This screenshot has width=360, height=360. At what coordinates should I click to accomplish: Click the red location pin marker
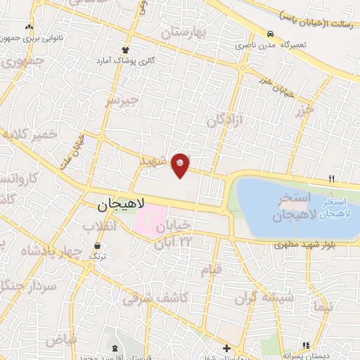(181, 165)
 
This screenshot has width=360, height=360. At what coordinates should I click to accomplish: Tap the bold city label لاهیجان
(119, 205)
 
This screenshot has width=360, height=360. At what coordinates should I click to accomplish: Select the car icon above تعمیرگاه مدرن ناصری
(270, 34)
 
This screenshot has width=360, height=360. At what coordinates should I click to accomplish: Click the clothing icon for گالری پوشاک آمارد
(126, 49)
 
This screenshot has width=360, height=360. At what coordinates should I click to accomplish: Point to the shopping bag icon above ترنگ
(97, 246)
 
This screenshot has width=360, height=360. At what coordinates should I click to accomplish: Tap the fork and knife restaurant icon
(331, 178)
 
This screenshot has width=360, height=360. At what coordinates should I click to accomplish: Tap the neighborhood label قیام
(211, 269)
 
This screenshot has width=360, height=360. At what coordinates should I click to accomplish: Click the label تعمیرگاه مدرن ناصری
(276, 45)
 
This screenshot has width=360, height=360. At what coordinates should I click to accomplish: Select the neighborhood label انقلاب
(99, 226)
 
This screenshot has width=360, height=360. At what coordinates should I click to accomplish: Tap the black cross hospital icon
(226, 348)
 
